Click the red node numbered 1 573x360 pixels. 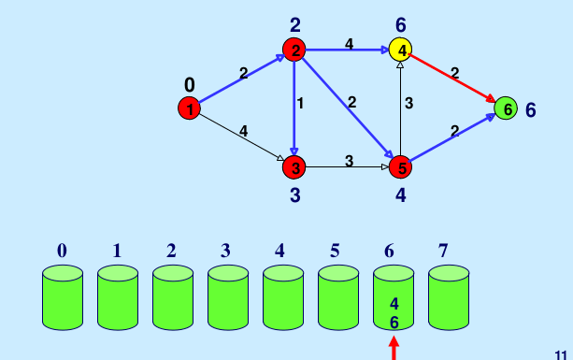coord(189,109)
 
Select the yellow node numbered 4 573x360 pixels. coord(401,50)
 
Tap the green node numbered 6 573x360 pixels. coord(505,109)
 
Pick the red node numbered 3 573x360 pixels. coord(294,167)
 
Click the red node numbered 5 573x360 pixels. coord(401,167)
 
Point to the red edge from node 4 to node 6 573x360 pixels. coord(452,79)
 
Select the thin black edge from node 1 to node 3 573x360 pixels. coord(241,138)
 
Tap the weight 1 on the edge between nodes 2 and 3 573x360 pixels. coord(300,104)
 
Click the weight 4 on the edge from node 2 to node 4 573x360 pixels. coord(349,42)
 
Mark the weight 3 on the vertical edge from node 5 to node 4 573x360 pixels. coord(408,103)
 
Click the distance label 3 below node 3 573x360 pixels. coord(294,195)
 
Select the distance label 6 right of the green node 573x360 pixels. coord(530,109)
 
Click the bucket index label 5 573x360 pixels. coord(335,251)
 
